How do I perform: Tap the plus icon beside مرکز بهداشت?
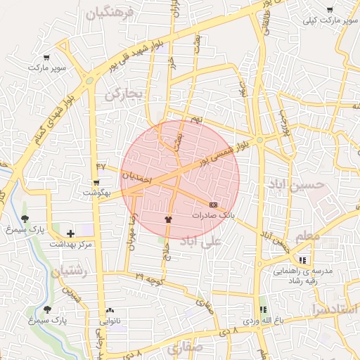pyautogui.click(x=70, y=233)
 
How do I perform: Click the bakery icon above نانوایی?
pyautogui.click(x=110, y=310)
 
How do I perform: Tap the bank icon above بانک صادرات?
pyautogui.click(x=214, y=205)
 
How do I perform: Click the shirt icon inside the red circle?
pyautogui.click(x=167, y=220)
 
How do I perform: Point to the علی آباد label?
pyautogui.click(x=200, y=242)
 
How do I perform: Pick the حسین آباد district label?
pyautogui.click(x=297, y=184)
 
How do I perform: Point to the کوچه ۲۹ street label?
pyautogui.click(x=149, y=279)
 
